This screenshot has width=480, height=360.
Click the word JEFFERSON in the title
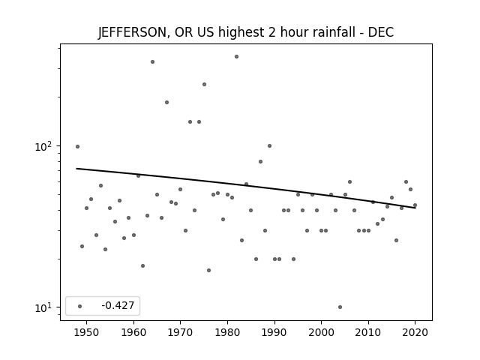(132, 32)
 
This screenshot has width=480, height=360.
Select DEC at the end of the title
(381, 32)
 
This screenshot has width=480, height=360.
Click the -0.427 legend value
(118, 305)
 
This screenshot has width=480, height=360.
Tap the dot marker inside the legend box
(80, 306)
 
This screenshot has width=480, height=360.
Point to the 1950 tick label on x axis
(87, 332)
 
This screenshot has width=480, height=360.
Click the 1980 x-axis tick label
(227, 332)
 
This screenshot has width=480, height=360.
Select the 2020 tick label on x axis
(415, 332)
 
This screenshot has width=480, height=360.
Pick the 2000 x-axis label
(321, 332)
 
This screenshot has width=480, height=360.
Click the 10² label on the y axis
(43, 146)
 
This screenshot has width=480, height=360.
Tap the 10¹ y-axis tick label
(43, 307)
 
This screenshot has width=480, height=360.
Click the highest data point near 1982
(237, 57)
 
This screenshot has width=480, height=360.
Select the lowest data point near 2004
(340, 307)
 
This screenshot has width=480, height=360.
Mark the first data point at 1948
(77, 147)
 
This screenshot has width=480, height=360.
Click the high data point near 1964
(152, 61)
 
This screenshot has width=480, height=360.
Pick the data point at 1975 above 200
(204, 85)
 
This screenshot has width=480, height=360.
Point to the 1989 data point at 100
(270, 146)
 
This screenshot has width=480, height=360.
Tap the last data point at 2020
(415, 205)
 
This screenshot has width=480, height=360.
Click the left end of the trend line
(76, 168)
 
